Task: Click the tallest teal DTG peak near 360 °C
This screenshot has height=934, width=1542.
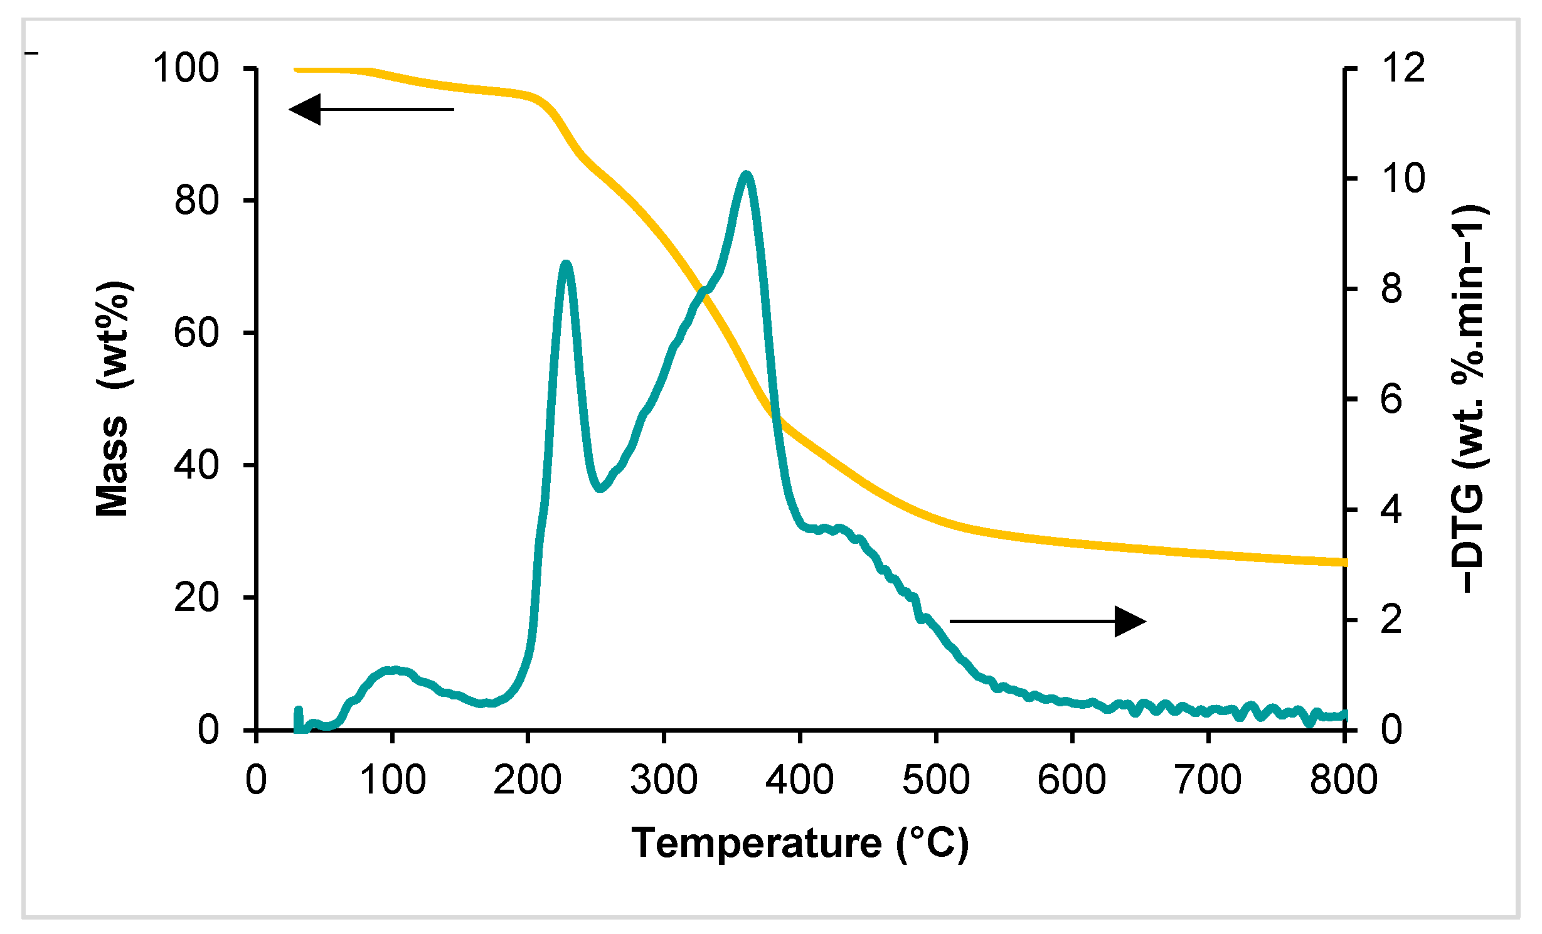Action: [745, 175]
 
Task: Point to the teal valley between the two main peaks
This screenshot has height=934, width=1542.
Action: [600, 487]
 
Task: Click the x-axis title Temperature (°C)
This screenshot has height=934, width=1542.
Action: [800, 843]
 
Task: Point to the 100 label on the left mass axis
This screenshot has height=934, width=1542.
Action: [186, 68]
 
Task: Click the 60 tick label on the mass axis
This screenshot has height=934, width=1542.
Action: [196, 332]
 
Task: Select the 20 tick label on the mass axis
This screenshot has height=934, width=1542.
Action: [196, 597]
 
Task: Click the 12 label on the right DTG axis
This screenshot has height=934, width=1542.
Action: [1403, 68]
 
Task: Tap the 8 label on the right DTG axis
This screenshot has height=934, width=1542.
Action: [1391, 289]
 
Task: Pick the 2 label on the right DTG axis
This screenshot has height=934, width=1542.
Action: [1391, 620]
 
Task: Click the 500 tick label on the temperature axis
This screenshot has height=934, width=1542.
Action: [936, 780]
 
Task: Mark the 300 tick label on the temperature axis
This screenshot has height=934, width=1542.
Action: [664, 780]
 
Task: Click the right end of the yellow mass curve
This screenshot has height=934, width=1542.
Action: [1343, 562]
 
